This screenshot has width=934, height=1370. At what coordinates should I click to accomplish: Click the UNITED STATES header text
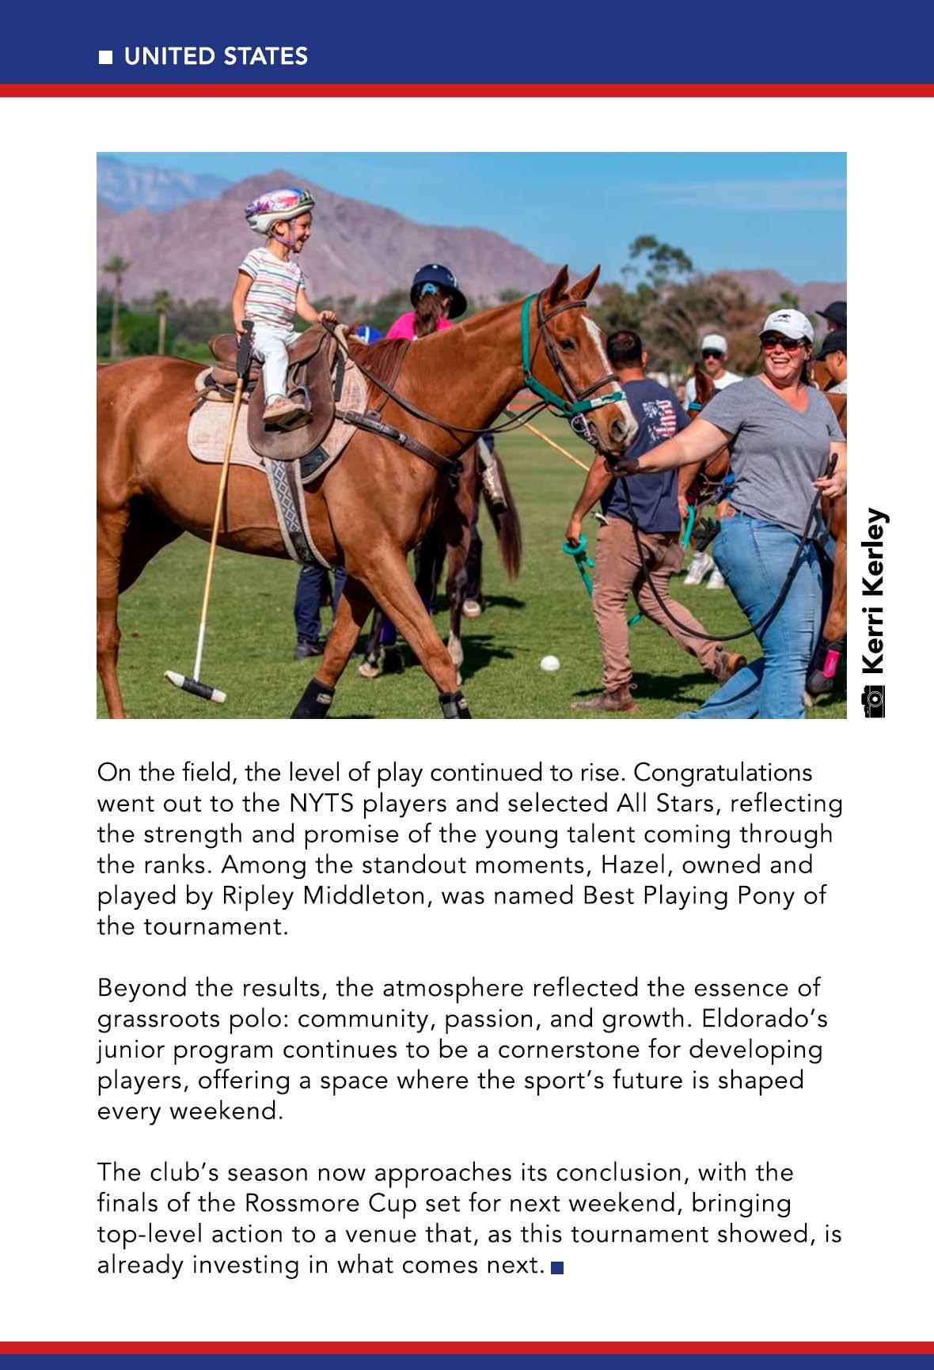pos(215,56)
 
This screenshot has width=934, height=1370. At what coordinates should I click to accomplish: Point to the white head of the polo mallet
pos(192,685)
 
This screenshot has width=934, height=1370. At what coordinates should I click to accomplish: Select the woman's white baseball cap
pos(787,324)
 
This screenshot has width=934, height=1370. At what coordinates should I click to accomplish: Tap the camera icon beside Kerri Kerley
pos(874,702)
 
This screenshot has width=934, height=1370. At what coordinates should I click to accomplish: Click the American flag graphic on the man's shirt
pos(659,417)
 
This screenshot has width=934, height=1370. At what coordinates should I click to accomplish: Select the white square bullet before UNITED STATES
pos(104,57)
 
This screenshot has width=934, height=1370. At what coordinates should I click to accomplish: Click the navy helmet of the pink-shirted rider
pos(439,287)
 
